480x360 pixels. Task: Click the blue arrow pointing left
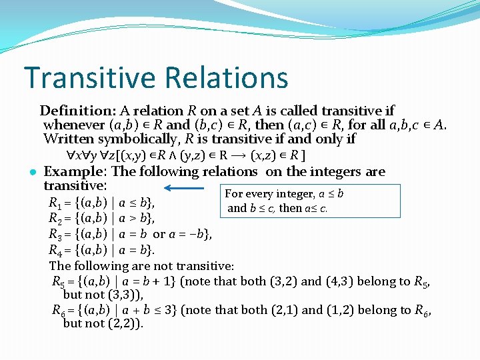[x=183, y=188]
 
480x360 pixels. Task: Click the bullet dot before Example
[x=33, y=172]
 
